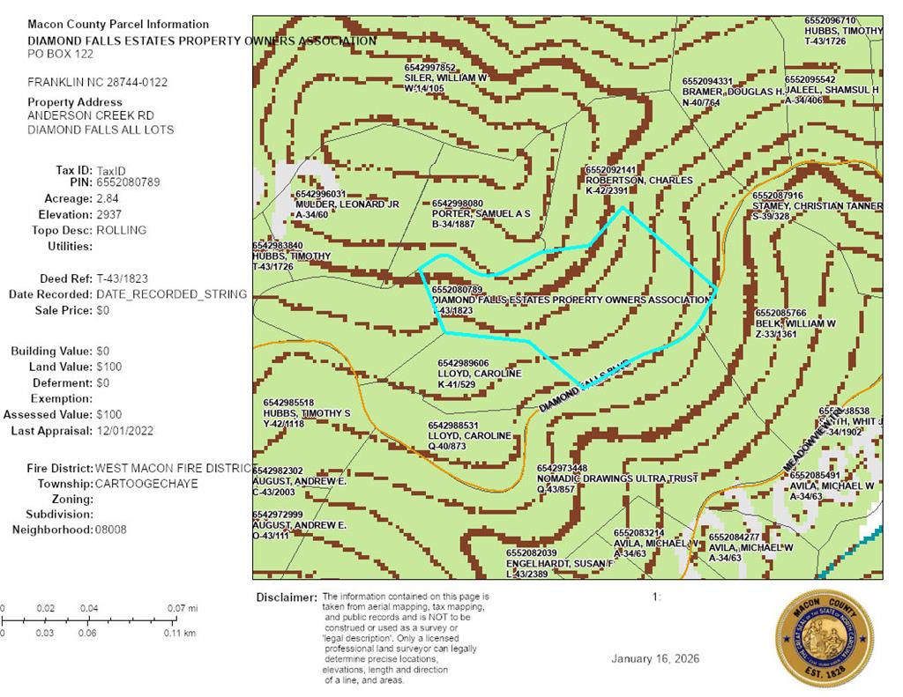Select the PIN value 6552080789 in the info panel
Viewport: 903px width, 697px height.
128,182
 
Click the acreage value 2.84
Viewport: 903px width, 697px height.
107,198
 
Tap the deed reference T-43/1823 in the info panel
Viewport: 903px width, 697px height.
123,278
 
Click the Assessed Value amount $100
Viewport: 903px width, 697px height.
109,414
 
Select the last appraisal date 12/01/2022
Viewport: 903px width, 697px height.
126,431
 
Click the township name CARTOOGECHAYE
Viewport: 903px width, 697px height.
146,484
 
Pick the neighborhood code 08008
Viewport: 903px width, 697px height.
111,530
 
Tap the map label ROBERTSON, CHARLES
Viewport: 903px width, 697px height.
639,181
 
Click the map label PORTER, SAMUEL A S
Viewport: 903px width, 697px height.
481,214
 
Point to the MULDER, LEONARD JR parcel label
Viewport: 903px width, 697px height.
347,204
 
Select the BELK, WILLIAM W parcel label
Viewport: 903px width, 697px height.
795,323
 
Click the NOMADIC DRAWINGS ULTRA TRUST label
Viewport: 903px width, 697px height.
616,478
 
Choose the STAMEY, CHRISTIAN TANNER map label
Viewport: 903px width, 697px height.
817,206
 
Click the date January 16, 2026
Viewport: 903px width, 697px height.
656,659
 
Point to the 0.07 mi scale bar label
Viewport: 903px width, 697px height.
185,608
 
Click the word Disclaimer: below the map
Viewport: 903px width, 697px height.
286,597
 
